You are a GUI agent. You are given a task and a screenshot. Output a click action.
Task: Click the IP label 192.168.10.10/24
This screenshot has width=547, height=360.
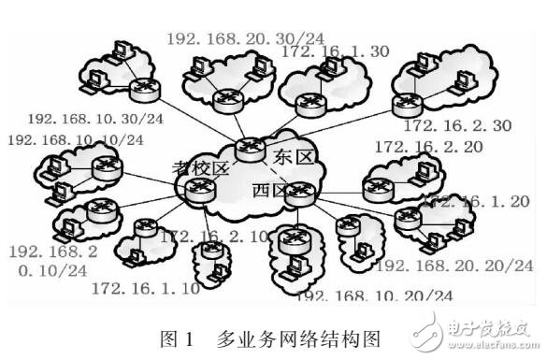(76, 140)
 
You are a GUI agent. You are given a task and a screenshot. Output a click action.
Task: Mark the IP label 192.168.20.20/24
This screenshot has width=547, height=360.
(453, 266)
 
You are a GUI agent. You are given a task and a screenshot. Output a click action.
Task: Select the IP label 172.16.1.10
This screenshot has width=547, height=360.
(145, 289)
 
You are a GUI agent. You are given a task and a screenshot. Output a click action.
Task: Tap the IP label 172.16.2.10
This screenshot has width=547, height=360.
(212, 237)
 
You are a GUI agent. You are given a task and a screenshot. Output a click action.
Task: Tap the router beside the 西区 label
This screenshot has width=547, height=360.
(300, 195)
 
